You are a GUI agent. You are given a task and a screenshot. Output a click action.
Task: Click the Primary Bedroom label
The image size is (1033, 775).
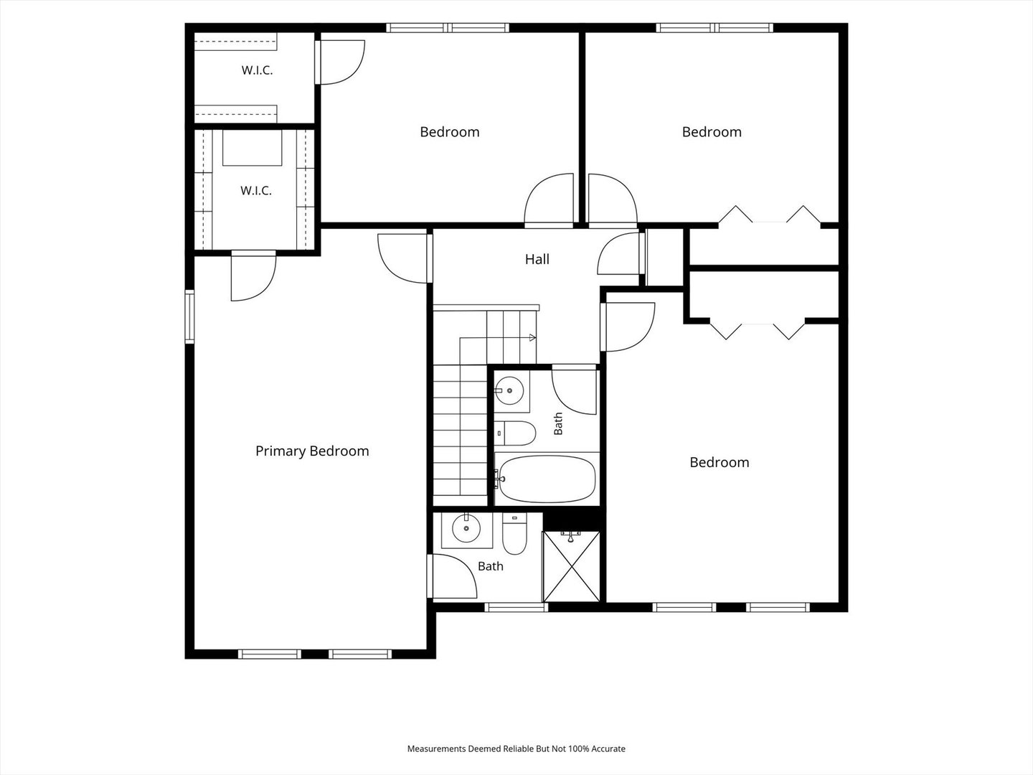(x=312, y=451)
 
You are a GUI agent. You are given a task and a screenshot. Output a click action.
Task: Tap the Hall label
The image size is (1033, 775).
(x=537, y=259)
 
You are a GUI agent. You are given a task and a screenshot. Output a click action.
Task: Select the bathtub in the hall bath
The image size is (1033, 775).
(x=547, y=479)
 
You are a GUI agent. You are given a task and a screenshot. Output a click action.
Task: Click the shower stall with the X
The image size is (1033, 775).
(x=571, y=567)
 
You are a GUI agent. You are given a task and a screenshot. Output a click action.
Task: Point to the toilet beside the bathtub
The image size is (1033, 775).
(x=515, y=433)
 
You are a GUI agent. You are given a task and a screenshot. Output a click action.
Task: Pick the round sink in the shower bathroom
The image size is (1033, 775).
(x=466, y=528)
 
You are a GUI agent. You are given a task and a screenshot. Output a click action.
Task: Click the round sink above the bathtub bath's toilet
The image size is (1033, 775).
(x=509, y=390)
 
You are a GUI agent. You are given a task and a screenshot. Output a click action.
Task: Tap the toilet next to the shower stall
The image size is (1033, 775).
(x=514, y=534)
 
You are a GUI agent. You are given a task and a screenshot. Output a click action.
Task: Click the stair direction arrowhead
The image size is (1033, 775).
(x=532, y=337)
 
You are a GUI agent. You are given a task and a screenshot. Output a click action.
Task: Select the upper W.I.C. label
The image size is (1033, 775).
(x=257, y=70)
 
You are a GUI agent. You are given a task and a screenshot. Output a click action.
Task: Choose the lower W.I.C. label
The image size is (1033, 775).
(x=256, y=191)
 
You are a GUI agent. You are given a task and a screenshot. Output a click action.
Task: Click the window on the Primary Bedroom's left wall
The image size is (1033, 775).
(x=189, y=316)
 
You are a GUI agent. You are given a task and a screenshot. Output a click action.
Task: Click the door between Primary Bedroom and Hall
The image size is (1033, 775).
(x=405, y=258)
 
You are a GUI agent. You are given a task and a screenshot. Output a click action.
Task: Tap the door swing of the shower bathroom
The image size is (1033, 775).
(x=453, y=576)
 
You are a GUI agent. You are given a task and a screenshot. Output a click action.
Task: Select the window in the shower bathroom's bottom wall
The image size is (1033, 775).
(x=516, y=608)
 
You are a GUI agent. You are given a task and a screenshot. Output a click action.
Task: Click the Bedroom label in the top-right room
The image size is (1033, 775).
(x=712, y=132)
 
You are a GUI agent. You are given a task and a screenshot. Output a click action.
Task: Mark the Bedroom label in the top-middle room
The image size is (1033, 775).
(x=450, y=132)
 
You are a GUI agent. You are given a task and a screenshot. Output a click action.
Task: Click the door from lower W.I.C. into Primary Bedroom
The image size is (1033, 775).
(x=253, y=276)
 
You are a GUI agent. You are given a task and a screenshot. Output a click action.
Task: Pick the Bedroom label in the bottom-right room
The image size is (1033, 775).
(x=719, y=462)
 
